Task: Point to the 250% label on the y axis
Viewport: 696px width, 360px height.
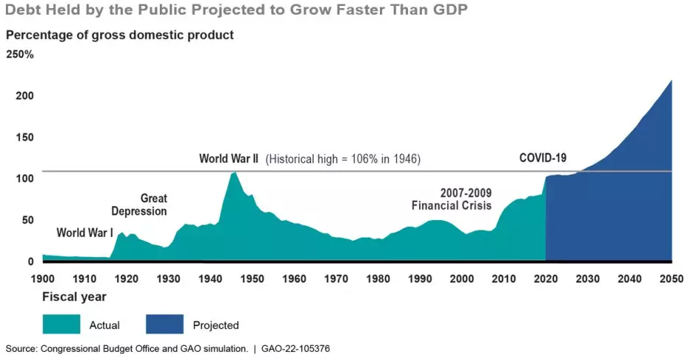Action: pyautogui.click(x=19, y=54)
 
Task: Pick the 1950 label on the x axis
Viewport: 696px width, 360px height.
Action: pyautogui.click(x=252, y=279)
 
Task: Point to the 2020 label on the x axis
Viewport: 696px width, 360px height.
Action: pyautogui.click(x=546, y=279)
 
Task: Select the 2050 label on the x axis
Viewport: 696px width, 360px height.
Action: pyautogui.click(x=671, y=279)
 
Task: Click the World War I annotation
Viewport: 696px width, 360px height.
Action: pyautogui.click(x=85, y=233)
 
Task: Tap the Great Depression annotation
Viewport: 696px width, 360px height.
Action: pyautogui.click(x=139, y=205)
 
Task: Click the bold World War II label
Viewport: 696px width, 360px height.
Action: pyautogui.click(x=228, y=158)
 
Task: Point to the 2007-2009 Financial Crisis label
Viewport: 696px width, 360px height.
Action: pyautogui.click(x=451, y=199)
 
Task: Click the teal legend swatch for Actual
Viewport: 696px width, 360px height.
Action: pyautogui.click(x=62, y=324)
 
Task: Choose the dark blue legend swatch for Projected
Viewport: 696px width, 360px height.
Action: pyautogui.click(x=165, y=324)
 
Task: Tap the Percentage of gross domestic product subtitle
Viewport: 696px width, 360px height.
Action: pyautogui.click(x=120, y=35)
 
